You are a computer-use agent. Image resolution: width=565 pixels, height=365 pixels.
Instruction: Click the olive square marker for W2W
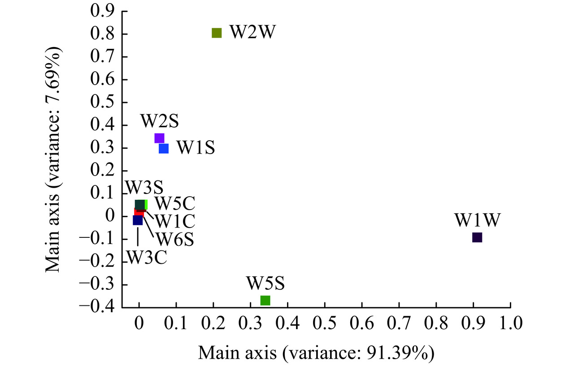click(x=217, y=33)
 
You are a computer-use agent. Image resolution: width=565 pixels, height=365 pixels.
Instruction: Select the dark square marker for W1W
click(x=477, y=237)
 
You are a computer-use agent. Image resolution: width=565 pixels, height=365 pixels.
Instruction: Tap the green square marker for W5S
click(x=265, y=300)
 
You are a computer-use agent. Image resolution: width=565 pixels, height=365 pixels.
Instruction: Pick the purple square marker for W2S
click(x=159, y=138)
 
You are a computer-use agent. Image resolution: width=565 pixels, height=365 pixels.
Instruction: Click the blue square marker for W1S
click(x=164, y=148)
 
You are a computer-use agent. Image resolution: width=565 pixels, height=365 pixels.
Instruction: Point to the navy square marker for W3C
click(x=137, y=220)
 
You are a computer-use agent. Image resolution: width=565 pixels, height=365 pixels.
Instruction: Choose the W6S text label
click(x=174, y=239)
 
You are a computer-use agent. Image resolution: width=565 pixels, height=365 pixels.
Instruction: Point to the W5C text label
click(x=175, y=204)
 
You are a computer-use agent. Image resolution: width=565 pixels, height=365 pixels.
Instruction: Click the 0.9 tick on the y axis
click(x=102, y=11)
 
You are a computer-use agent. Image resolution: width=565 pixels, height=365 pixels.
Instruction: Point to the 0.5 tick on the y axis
click(x=102, y=102)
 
